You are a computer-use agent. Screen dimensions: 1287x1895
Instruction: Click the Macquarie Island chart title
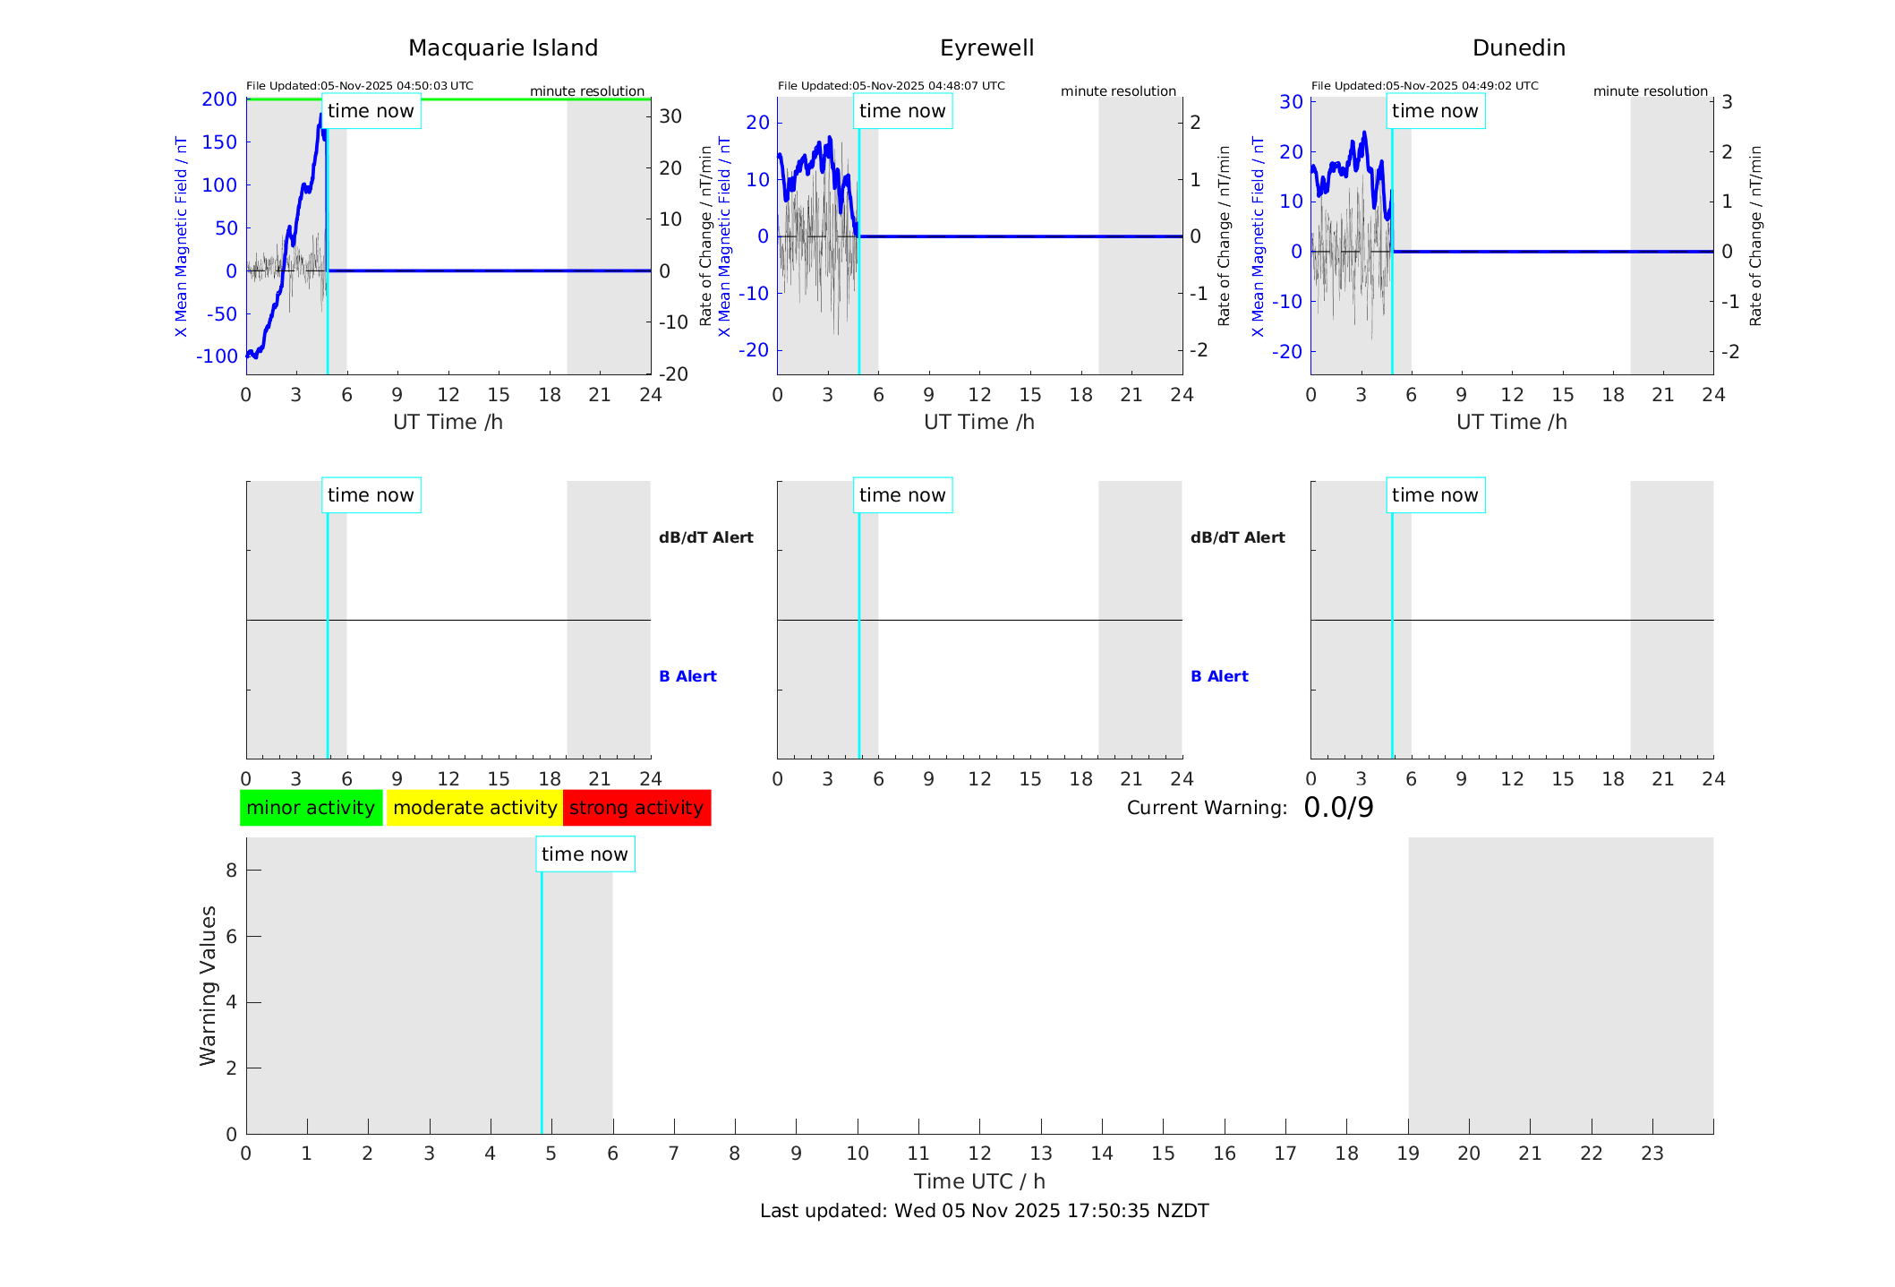tap(503, 48)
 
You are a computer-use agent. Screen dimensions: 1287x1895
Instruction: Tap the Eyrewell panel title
tap(986, 48)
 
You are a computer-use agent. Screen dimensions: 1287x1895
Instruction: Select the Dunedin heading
tap(1518, 48)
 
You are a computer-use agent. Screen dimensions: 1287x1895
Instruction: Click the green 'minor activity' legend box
tap(311, 808)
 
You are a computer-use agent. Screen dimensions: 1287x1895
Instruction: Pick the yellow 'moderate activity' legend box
tap(474, 808)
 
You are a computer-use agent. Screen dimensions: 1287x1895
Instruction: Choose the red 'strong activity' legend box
tap(636, 808)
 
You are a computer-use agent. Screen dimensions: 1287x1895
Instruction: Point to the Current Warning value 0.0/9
tap(1338, 808)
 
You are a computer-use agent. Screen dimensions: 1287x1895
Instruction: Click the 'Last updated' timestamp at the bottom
tap(984, 1211)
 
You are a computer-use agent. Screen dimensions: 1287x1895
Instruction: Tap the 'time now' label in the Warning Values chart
tap(585, 854)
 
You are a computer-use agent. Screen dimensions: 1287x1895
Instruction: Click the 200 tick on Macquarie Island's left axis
tap(219, 99)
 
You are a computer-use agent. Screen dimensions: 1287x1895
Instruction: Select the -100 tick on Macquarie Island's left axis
tap(218, 356)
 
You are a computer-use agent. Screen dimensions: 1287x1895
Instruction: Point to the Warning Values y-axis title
tap(208, 985)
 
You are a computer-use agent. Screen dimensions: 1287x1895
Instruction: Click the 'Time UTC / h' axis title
tap(979, 1181)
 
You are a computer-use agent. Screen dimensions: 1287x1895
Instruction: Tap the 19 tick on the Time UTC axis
tap(1408, 1154)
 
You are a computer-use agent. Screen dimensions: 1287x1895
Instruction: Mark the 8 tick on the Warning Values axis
tap(231, 871)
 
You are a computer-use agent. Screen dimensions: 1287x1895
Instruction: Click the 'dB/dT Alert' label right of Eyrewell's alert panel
tap(1237, 537)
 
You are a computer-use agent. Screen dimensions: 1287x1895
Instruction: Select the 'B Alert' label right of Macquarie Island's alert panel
tap(687, 676)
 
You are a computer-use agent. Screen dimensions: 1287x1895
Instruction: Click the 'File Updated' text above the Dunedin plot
tap(1424, 86)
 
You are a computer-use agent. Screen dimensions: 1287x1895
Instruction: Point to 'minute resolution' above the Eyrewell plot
tap(1118, 91)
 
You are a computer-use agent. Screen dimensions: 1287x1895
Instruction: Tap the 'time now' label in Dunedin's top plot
tap(1434, 111)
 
